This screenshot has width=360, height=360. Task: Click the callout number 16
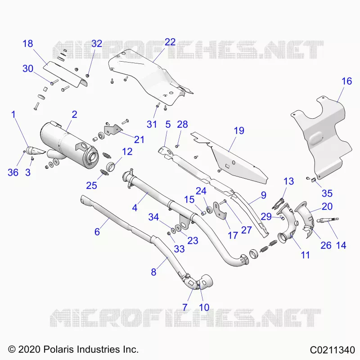346,81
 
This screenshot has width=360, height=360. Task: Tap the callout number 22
170,42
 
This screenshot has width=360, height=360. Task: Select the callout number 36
13,172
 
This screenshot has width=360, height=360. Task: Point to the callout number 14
341,245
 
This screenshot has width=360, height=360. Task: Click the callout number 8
153,272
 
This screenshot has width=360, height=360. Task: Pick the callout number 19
239,130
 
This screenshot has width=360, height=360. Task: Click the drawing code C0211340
333,350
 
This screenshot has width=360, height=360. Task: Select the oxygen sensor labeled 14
328,220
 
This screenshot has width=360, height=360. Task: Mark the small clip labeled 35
313,180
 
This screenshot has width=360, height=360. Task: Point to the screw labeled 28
177,146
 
